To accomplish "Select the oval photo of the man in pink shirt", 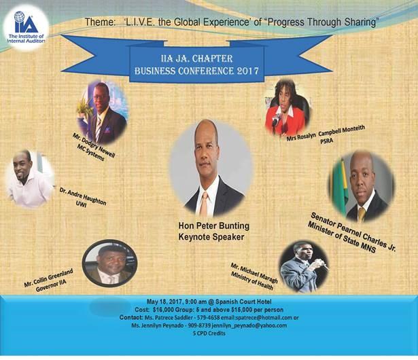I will [x=29, y=179].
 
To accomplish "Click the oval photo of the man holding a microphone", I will [x=304, y=267].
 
